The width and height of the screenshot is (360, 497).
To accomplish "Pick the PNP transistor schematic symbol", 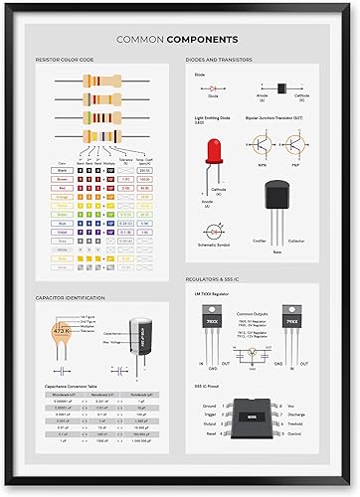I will [298, 144].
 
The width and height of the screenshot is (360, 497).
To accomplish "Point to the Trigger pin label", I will [208, 415].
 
